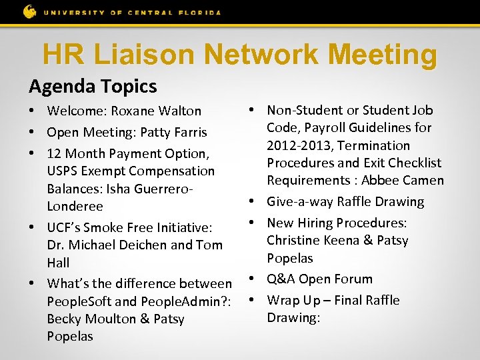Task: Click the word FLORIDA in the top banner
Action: click(199, 12)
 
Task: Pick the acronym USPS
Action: click(63, 171)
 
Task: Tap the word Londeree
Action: click(74, 207)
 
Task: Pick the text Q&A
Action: click(281, 279)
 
